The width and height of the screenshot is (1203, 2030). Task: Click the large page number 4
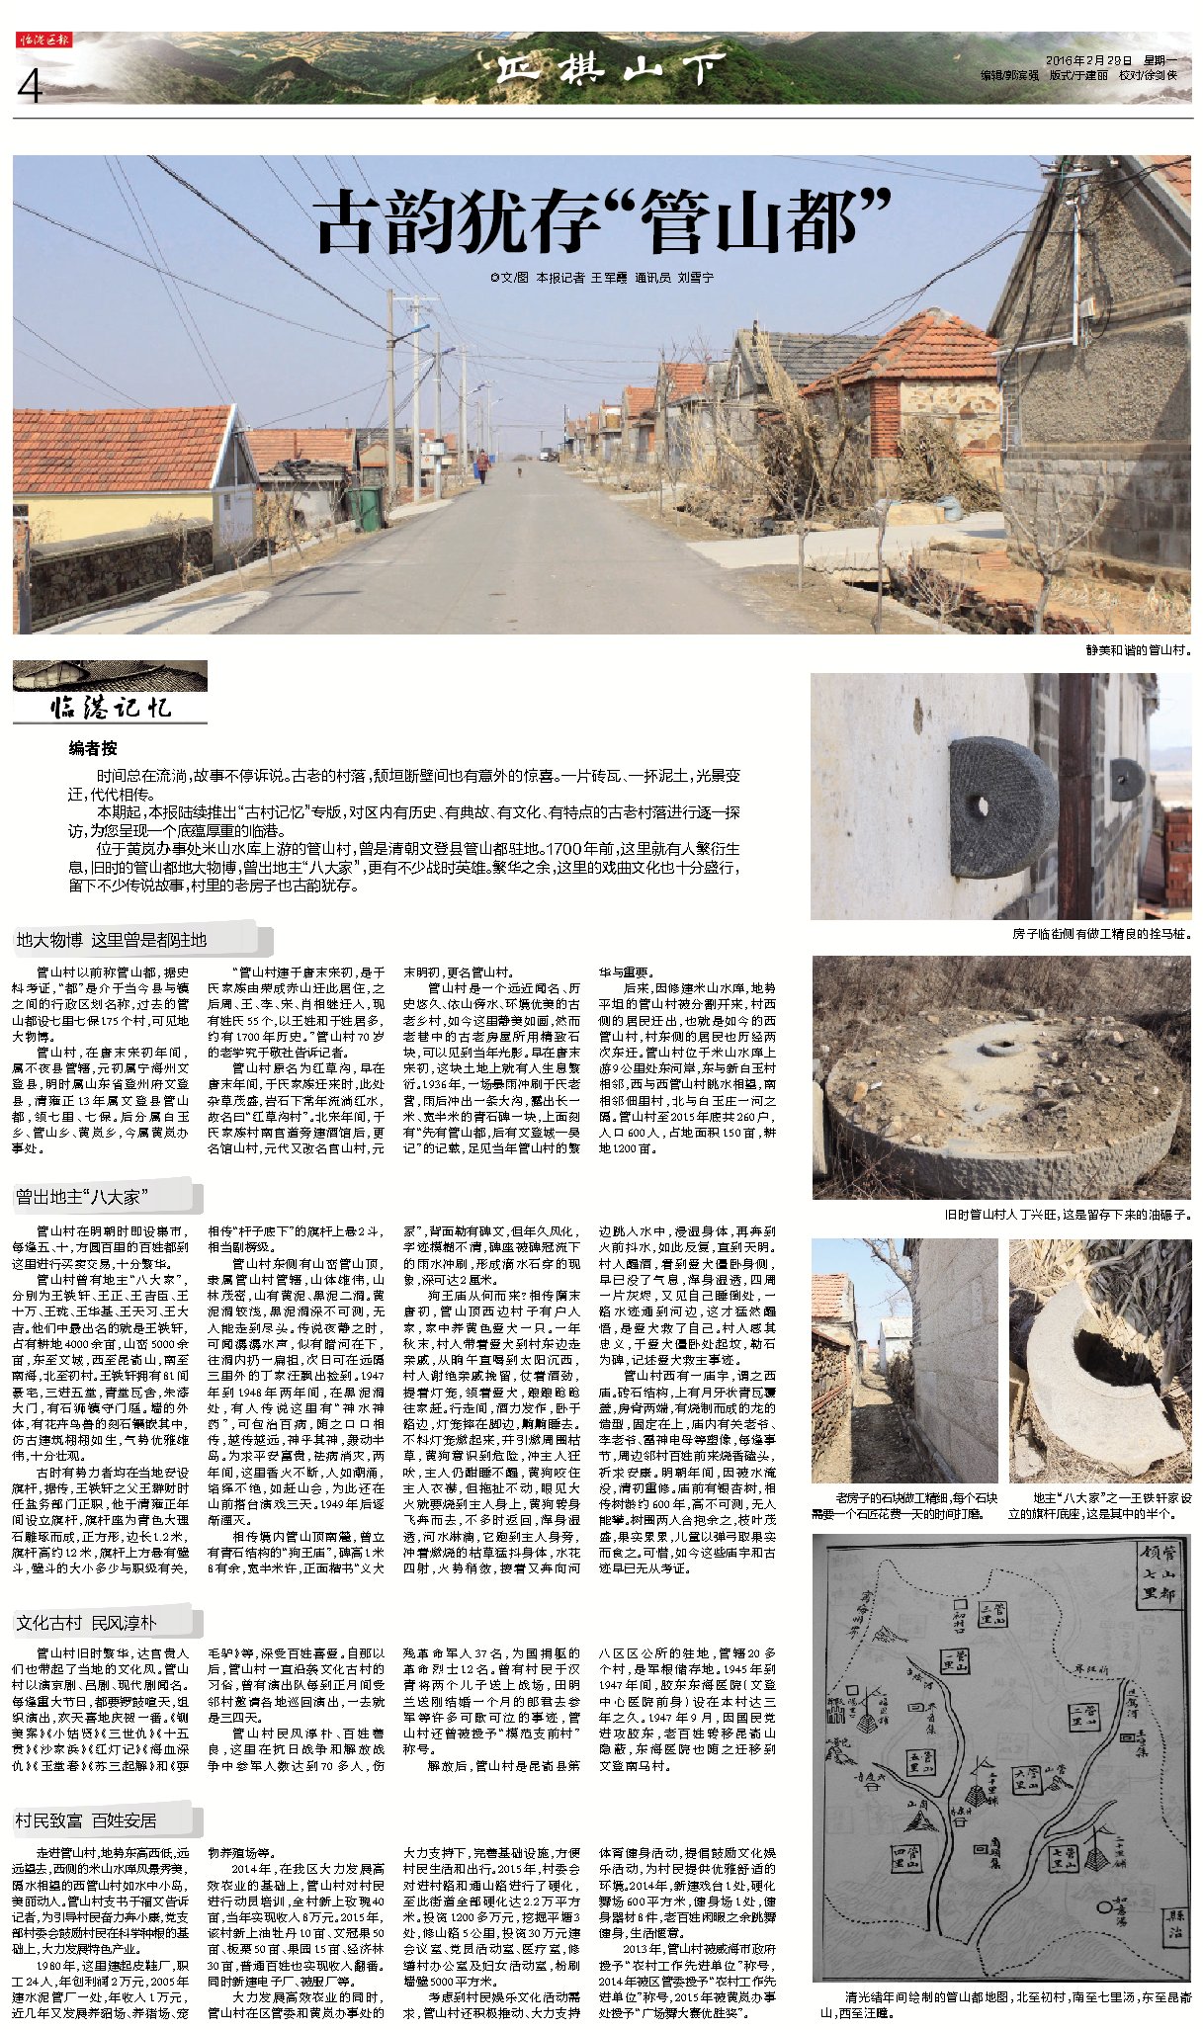point(30,87)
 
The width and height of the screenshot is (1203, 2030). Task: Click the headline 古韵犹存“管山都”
point(602,220)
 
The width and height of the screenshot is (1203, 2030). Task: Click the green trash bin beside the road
point(366,506)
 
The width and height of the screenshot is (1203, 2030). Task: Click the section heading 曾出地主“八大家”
point(83,1197)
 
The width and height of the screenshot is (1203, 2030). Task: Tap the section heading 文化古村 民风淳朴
point(86,1567)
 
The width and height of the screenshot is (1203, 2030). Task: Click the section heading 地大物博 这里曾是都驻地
point(112,939)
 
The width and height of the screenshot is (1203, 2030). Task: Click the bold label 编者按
point(92,748)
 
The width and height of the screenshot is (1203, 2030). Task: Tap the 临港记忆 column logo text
point(111,706)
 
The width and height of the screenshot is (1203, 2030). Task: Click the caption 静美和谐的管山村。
point(1138,649)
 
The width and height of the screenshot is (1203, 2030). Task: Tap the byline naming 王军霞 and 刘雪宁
point(602,279)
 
